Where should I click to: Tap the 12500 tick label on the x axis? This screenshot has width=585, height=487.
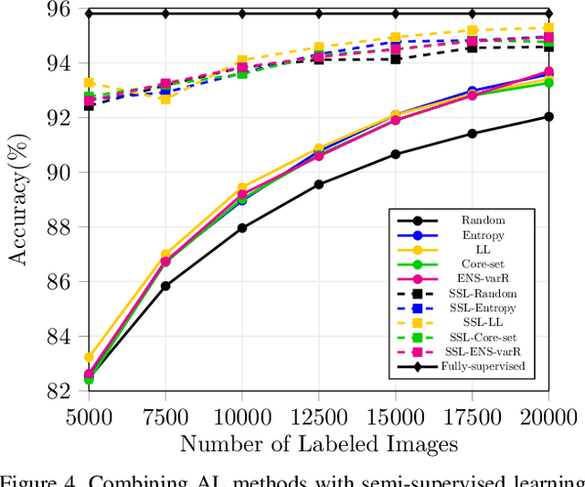(318, 417)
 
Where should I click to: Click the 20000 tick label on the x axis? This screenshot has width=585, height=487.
(547, 417)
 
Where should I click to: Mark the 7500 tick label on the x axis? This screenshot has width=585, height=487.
(165, 417)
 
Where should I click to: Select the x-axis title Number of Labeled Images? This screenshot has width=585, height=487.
(318, 445)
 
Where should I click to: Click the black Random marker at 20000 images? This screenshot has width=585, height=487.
(548, 116)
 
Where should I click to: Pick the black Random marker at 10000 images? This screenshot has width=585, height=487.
(242, 228)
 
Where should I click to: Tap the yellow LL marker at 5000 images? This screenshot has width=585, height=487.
(89, 357)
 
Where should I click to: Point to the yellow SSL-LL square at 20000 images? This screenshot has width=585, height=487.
(548, 28)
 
